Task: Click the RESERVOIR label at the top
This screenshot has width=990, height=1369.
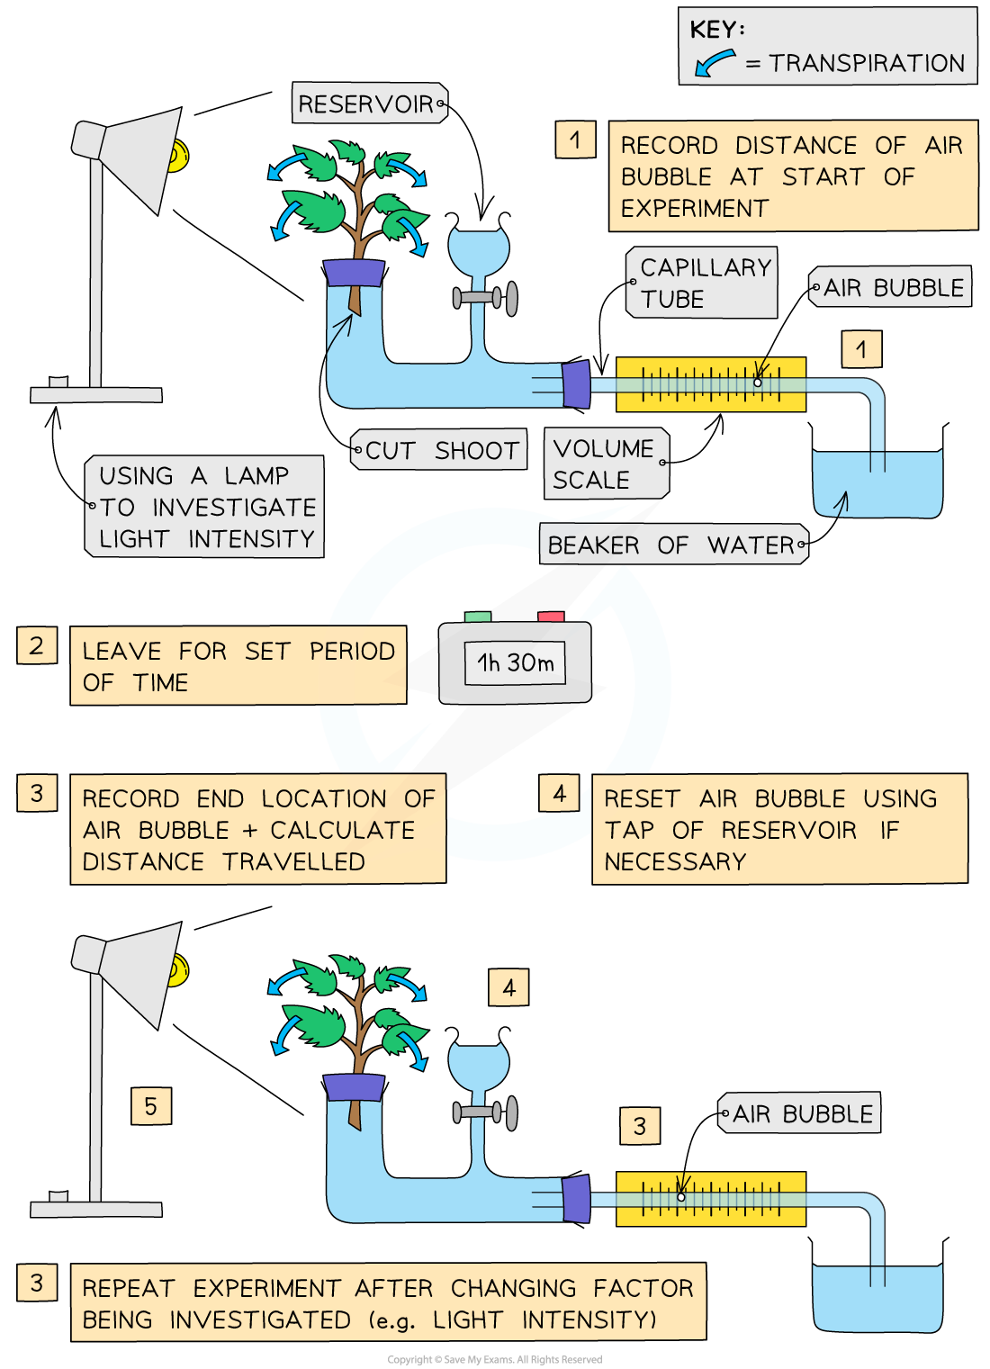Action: click(x=367, y=104)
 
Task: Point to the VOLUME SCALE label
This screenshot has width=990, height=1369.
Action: click(x=603, y=464)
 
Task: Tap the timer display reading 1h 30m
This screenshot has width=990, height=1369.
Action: click(x=515, y=663)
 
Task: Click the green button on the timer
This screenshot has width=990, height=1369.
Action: click(x=478, y=617)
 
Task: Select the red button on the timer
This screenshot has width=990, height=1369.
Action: click(x=551, y=617)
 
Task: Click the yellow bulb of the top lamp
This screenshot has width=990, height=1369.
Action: click(x=178, y=156)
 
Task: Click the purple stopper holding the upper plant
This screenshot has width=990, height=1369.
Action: click(x=354, y=273)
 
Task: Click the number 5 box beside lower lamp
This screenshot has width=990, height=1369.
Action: click(x=151, y=1106)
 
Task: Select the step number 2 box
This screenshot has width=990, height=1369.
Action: click(x=36, y=645)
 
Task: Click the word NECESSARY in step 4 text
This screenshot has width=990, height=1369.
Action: click(x=675, y=862)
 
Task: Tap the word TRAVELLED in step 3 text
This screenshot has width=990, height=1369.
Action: click(x=294, y=862)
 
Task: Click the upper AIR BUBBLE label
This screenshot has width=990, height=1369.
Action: click(x=891, y=287)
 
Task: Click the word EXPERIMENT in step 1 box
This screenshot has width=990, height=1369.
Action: click(x=694, y=209)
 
